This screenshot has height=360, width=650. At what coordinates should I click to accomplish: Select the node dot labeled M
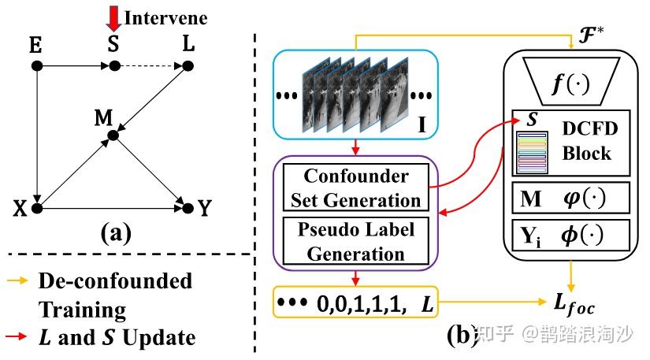point(113,136)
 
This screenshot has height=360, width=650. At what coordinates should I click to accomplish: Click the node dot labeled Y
point(187,208)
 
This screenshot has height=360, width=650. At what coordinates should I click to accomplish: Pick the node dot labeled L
point(188,66)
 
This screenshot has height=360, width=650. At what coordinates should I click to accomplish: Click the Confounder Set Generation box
point(356,187)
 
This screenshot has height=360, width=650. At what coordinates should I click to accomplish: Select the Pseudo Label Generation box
point(356,242)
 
